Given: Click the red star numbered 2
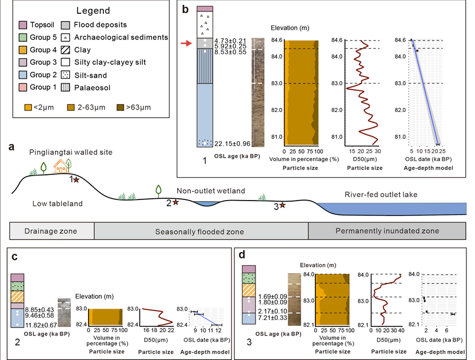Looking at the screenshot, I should [175, 202].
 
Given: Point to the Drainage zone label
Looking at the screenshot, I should [51, 231].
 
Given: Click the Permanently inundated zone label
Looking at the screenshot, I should [387, 231].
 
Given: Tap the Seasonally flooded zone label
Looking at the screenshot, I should [199, 231].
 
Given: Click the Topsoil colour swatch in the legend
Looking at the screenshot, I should [22, 25].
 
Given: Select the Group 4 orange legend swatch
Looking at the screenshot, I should [22, 50].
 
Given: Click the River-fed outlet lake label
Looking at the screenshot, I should [381, 195].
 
